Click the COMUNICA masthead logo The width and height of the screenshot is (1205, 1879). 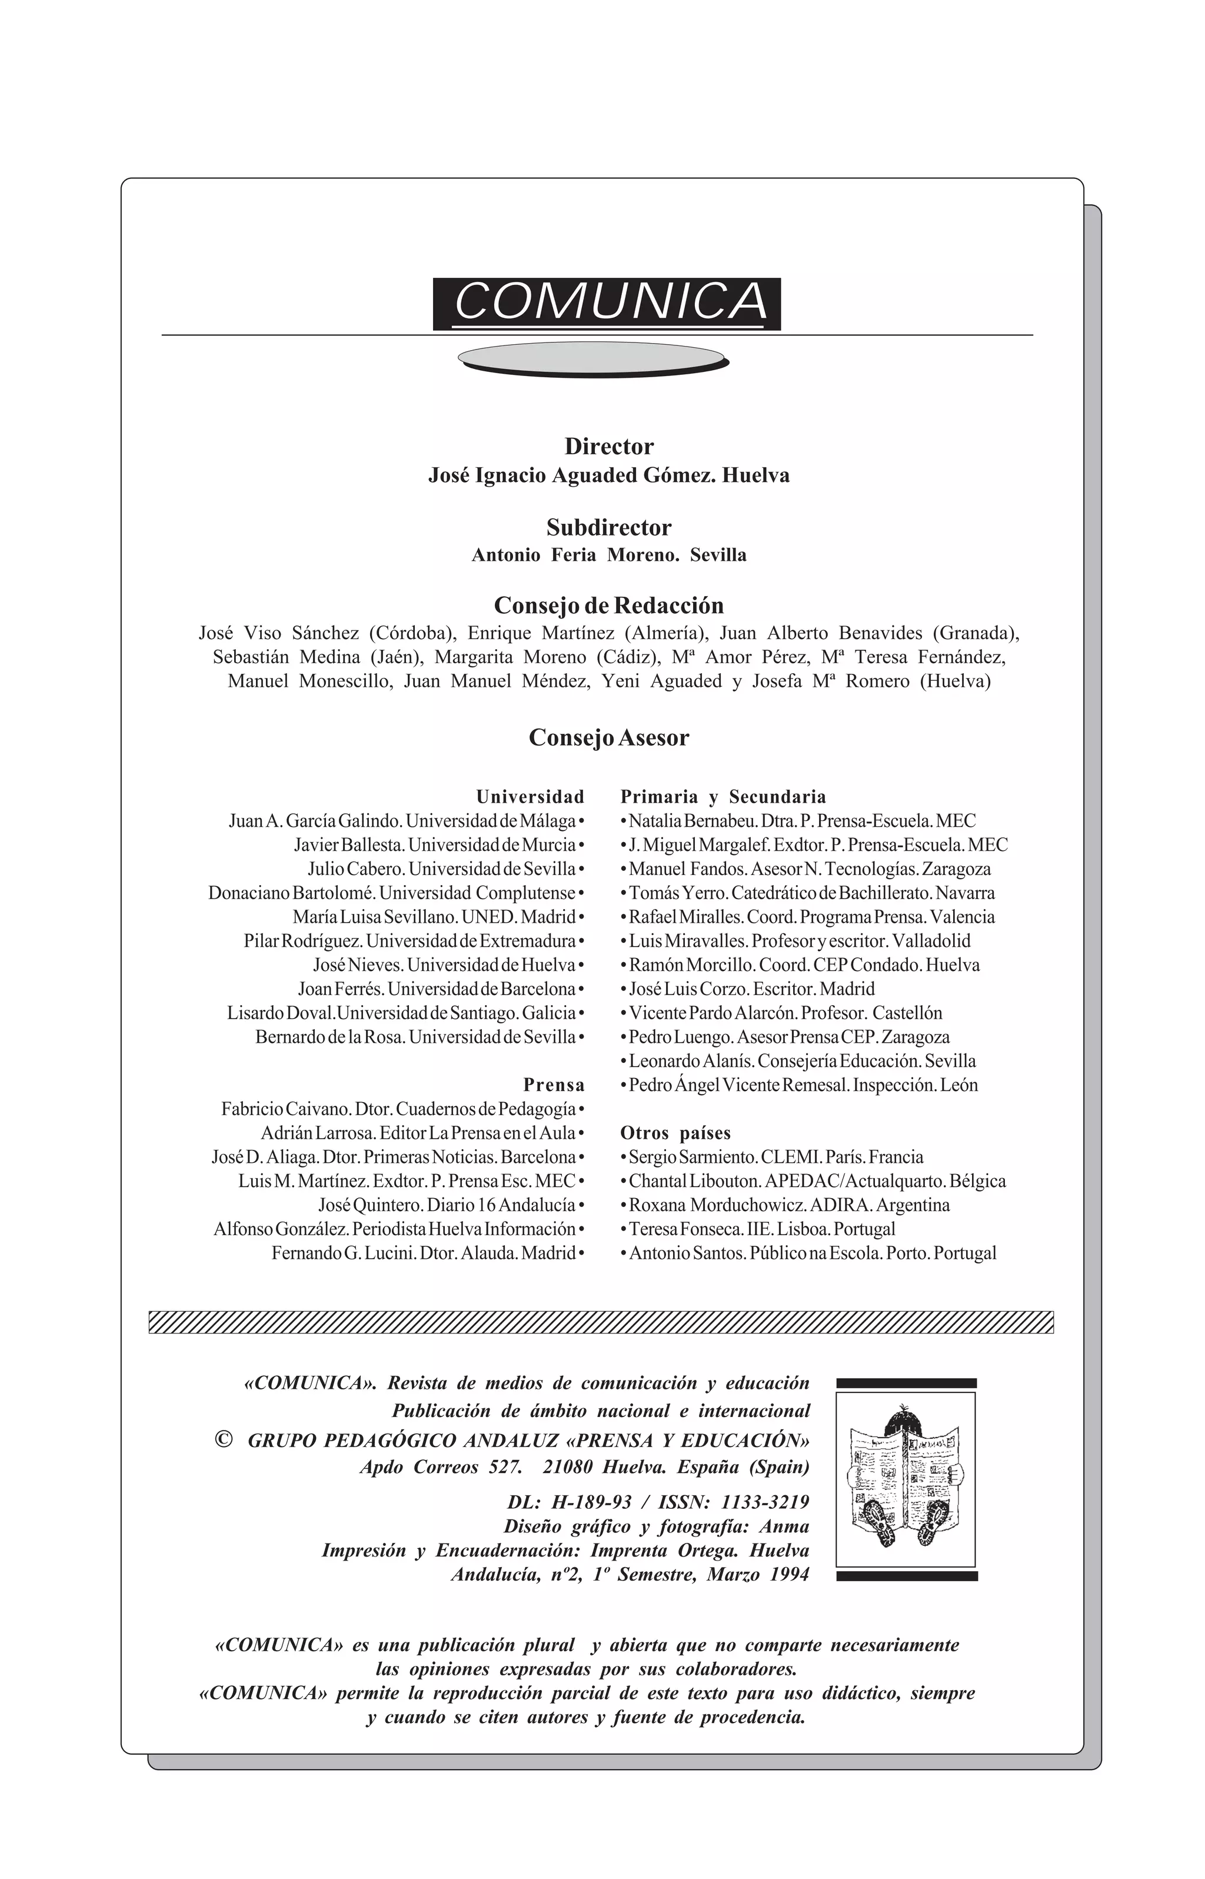click(x=607, y=303)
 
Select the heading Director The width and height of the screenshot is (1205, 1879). click(x=609, y=447)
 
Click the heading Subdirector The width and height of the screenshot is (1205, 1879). click(x=609, y=527)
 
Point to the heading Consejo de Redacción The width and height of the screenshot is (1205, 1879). click(x=609, y=606)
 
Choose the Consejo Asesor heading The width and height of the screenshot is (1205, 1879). click(x=609, y=738)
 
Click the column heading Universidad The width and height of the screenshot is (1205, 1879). click(x=531, y=797)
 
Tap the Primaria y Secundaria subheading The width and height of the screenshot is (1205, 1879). click(x=723, y=797)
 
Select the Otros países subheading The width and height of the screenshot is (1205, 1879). click(x=675, y=1133)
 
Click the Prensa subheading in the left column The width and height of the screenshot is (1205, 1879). click(x=554, y=1086)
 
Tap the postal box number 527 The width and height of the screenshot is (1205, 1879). click(x=505, y=1467)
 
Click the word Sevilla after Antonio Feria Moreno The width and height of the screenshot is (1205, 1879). click(x=718, y=556)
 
